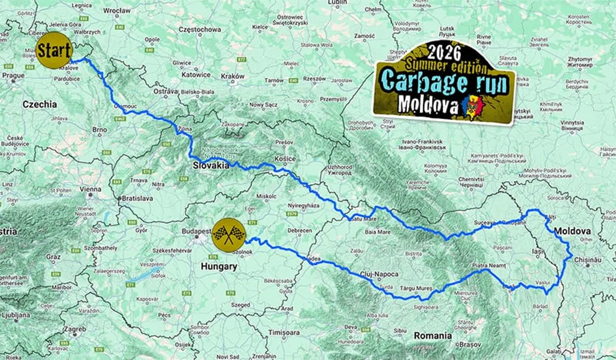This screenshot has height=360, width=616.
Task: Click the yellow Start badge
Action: (54, 51)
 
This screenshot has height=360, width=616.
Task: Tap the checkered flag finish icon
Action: (228, 235)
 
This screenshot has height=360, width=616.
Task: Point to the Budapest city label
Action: (196, 231)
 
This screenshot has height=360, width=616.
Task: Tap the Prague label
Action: (13, 75)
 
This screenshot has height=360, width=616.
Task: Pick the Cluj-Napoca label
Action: (379, 274)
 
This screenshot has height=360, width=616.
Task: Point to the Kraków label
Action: (234, 75)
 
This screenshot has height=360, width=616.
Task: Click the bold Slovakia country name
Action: (210, 165)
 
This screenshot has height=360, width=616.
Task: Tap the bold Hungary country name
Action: (219, 267)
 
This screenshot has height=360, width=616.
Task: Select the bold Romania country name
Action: (433, 336)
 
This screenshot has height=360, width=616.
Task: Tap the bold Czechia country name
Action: (40, 104)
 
